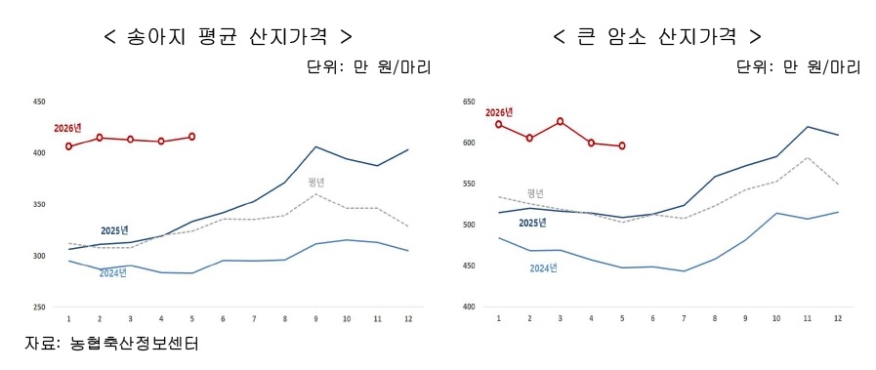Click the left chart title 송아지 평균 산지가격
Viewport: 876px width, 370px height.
[x=229, y=37]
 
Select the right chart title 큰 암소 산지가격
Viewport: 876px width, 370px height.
[x=657, y=37]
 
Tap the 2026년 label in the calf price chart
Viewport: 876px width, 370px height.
[x=67, y=128]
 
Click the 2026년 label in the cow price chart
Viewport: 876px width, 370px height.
[x=499, y=112]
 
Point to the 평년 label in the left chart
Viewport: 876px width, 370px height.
[x=316, y=182]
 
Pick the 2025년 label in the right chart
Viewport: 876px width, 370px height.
[x=532, y=224]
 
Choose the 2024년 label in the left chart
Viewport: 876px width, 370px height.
[x=113, y=273]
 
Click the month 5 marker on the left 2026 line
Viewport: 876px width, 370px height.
[x=192, y=137]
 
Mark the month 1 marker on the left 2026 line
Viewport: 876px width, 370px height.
[x=68, y=146]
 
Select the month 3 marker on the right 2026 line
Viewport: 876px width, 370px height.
[x=561, y=122]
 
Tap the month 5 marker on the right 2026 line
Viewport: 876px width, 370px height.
[x=622, y=146]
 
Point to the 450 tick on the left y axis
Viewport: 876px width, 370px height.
[x=39, y=103]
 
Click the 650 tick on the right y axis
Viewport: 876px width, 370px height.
[x=468, y=103]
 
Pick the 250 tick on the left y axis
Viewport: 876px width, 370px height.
[x=39, y=308]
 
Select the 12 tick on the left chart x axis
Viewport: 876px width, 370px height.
[x=408, y=318]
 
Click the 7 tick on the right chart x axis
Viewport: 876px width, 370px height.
[x=684, y=318]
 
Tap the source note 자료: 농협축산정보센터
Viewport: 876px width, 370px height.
[x=111, y=344]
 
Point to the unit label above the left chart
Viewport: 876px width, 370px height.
[x=369, y=67]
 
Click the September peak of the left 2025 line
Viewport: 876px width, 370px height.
[x=315, y=146]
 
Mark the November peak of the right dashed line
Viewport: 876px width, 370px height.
[x=806, y=157]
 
